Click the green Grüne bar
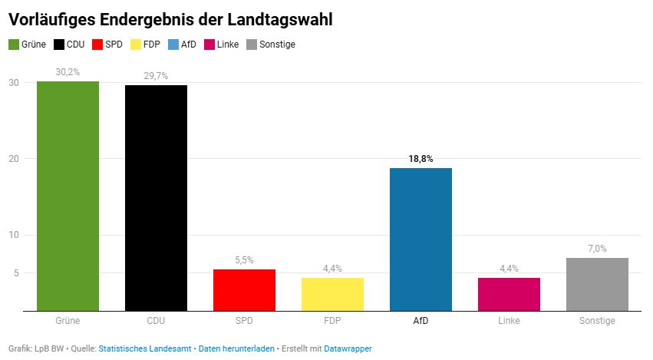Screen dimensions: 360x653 [68, 196]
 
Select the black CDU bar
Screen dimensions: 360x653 [156, 198]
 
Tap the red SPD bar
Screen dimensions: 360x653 [244, 290]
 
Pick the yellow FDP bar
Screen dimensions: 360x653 [332, 294]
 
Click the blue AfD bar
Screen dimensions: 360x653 [420, 239]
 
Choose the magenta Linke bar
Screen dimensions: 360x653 [509, 294]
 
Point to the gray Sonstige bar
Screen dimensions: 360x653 [597, 284]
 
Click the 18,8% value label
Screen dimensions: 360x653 [420, 159]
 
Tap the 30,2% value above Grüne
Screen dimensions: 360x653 [68, 72]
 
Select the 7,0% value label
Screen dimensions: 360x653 [597, 249]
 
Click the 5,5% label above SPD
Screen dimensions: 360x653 [244, 260]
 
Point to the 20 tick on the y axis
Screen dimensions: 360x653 [14, 159]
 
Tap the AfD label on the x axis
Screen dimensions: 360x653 [420, 321]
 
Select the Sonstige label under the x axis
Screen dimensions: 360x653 [597, 321]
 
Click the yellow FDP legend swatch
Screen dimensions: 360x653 [136, 45]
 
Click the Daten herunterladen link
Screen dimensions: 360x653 [236, 348]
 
